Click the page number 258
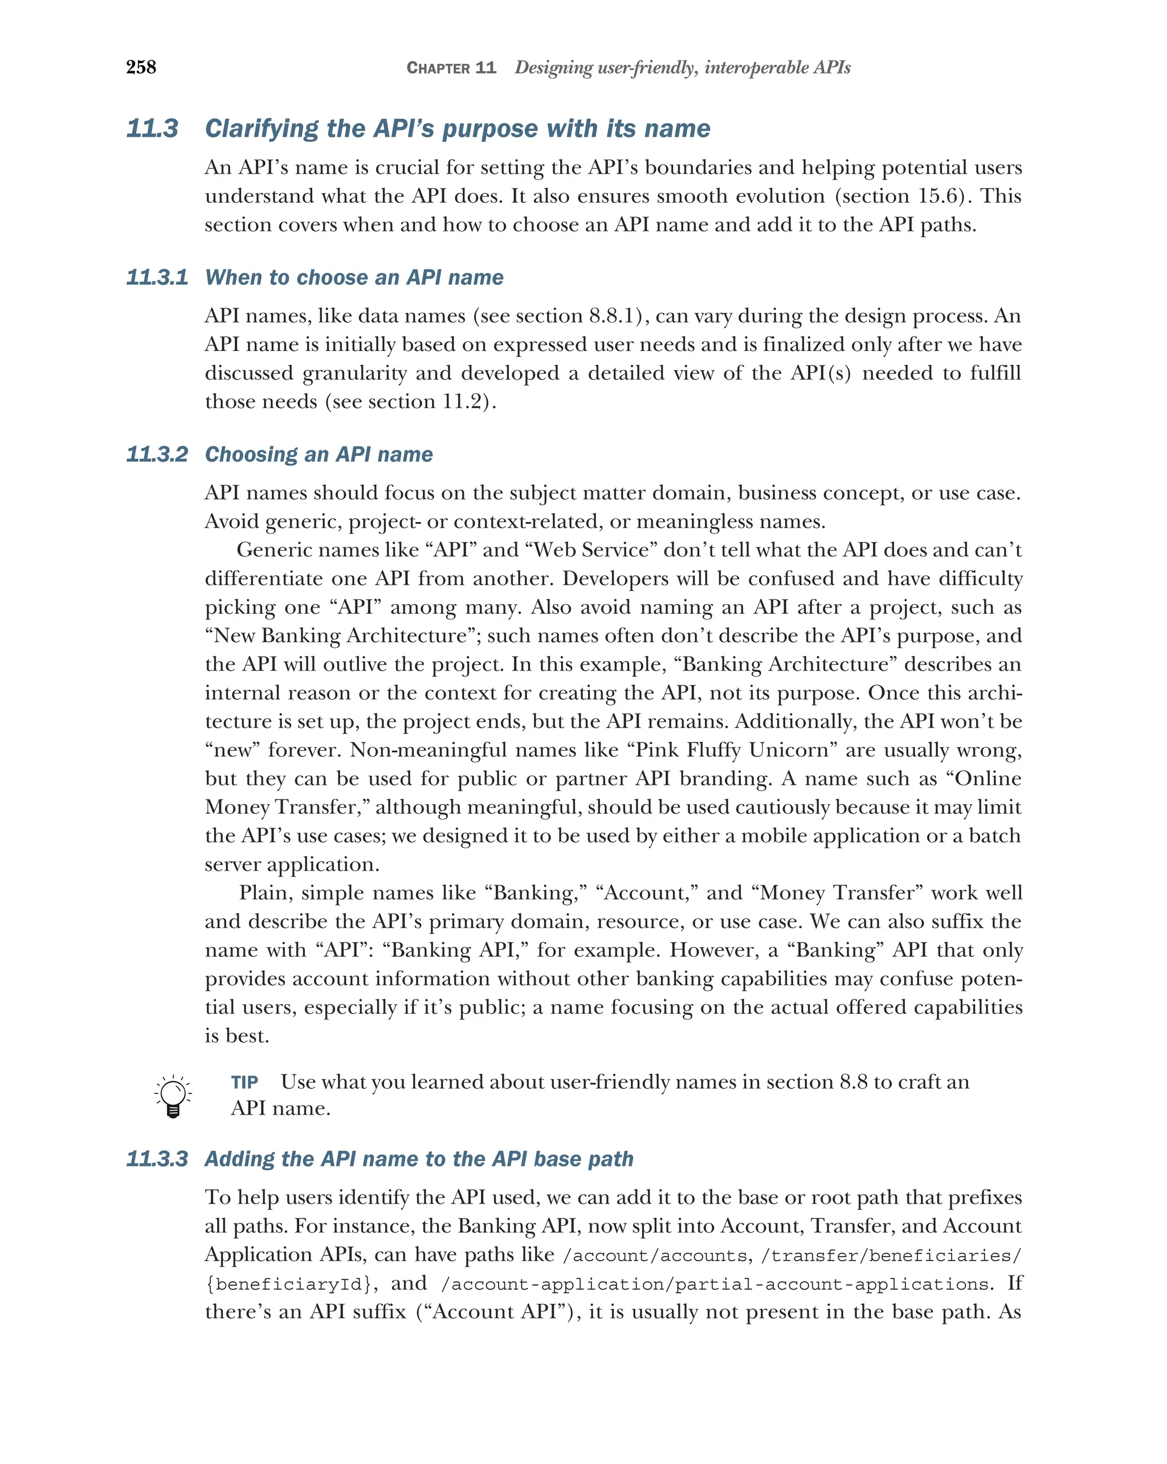pyautogui.click(x=141, y=67)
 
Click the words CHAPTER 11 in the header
pyautogui.click(x=451, y=68)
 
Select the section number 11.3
pyautogui.click(x=153, y=128)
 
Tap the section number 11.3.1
pyautogui.click(x=157, y=277)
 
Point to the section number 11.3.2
pyautogui.click(x=157, y=454)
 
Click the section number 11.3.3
pyautogui.click(x=157, y=1159)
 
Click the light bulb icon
pyautogui.click(x=173, y=1096)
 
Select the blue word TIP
pyautogui.click(x=244, y=1082)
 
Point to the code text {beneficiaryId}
pyautogui.click(x=288, y=1284)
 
